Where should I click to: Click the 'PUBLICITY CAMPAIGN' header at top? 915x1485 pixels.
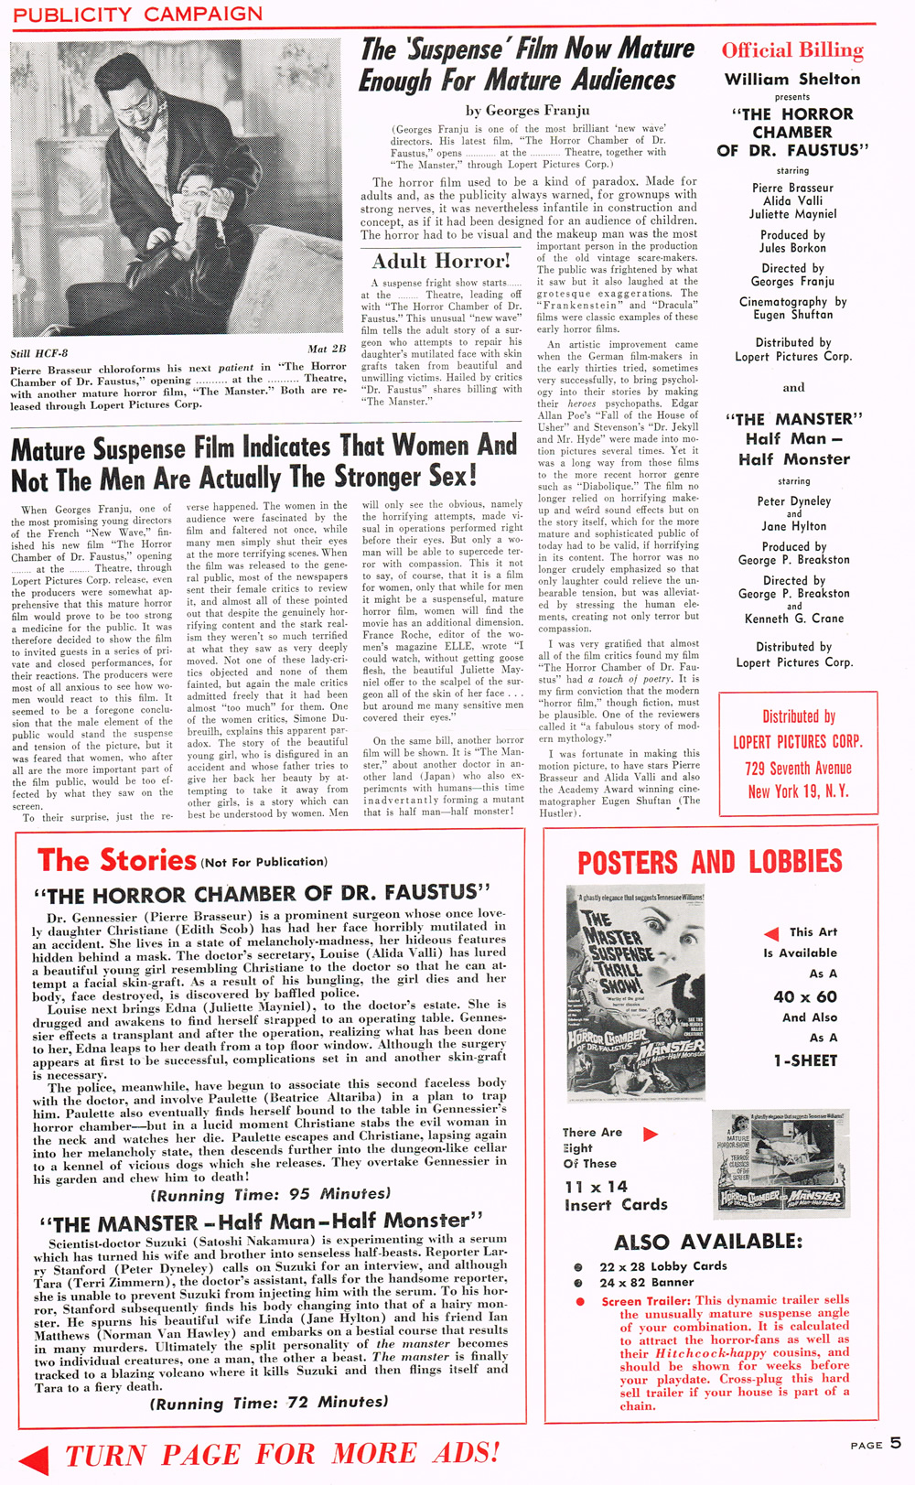pos(137,14)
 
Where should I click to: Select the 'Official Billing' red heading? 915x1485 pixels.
pos(792,50)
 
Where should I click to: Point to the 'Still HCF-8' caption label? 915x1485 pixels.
pos(39,353)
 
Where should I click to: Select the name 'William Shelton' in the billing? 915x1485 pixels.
pos(792,79)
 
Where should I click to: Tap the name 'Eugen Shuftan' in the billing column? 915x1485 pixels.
pos(792,315)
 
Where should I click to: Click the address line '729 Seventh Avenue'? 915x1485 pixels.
pos(798,768)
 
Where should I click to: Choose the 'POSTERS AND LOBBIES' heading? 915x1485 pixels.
pos(710,862)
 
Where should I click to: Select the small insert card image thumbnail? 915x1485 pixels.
pos(780,1164)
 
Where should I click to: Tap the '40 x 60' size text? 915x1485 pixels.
pos(805,996)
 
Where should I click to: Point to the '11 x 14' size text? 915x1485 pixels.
pos(596,1186)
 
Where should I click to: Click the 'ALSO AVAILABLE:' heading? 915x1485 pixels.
pos(708,1242)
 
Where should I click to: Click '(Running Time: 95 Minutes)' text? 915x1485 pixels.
pos(271,1194)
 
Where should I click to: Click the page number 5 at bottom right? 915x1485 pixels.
pos(895,1443)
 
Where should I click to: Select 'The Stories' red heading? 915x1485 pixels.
pos(116,860)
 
